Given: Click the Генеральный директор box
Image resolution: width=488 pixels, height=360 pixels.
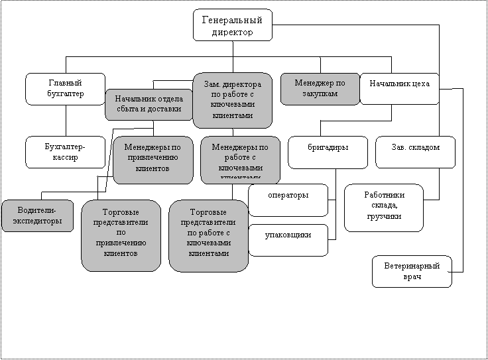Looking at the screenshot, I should [233, 25].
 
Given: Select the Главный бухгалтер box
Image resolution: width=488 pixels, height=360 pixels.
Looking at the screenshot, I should [66, 89].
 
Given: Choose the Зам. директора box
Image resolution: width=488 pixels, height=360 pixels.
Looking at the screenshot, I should [232, 100].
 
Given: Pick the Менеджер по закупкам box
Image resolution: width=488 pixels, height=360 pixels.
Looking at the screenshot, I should [320, 89].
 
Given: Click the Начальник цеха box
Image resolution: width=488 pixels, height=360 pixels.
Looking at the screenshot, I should [399, 89].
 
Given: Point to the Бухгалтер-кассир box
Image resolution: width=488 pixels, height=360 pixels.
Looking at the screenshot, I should [66, 152].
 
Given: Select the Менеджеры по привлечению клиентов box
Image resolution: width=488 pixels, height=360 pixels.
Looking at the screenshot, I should [152, 160].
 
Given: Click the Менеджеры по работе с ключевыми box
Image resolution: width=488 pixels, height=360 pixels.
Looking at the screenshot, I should [240, 160].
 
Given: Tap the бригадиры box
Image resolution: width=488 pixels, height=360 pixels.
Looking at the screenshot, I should [328, 152].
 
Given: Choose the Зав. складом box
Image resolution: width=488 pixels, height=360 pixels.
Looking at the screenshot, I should [416, 152].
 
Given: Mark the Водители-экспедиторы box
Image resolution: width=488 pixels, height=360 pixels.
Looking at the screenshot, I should [38, 216].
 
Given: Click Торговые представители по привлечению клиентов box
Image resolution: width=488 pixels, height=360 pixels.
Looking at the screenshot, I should [121, 235].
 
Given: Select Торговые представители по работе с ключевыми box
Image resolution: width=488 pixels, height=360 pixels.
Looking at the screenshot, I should [208, 235].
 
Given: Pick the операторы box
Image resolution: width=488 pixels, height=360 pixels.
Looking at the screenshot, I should [288, 200].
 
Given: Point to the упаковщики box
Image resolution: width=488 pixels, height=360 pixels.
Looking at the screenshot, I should [288, 240].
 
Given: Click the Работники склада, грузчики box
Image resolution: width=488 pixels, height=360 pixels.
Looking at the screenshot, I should [384, 208].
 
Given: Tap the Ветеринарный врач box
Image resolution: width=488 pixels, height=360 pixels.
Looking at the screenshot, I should [412, 271].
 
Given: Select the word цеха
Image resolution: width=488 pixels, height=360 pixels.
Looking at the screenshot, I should [419, 84].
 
